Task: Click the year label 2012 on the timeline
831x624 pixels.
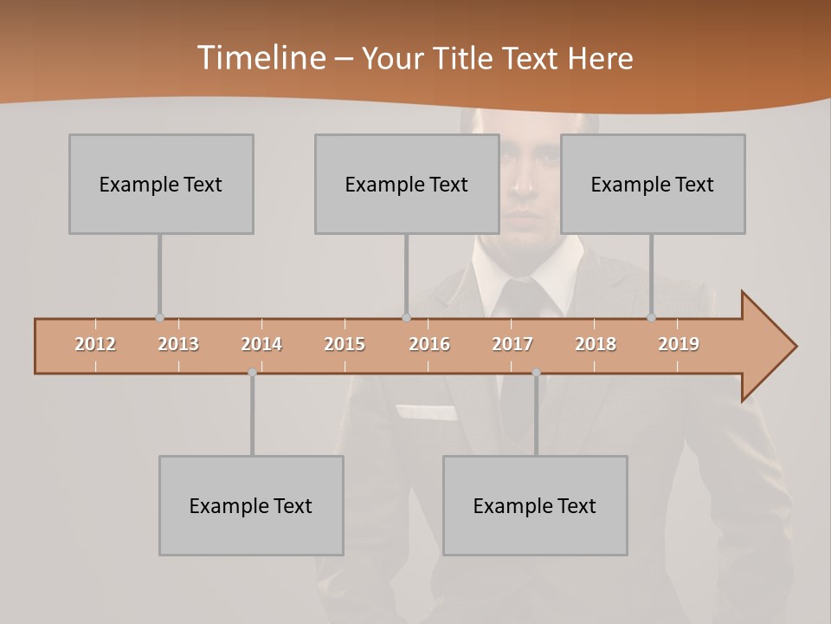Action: (x=95, y=344)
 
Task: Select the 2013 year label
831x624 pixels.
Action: (x=178, y=344)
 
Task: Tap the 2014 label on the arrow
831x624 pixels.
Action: (x=261, y=344)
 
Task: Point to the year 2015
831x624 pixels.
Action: (x=345, y=344)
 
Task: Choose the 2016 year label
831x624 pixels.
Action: (x=428, y=344)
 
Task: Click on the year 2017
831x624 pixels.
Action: (x=512, y=344)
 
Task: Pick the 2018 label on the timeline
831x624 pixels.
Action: (x=596, y=344)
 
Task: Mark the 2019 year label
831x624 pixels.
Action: (x=679, y=344)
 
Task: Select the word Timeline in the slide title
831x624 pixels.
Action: (x=259, y=58)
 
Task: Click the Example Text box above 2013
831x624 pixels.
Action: (x=161, y=184)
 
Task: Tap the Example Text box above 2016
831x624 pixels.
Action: (x=407, y=184)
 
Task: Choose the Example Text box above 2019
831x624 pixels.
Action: (x=653, y=184)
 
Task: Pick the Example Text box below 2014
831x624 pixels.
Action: (x=251, y=505)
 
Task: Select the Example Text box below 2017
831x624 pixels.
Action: (x=535, y=505)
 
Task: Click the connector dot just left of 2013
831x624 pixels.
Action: (x=159, y=318)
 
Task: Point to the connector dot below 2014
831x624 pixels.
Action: (x=252, y=373)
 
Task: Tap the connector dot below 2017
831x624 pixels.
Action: (x=536, y=373)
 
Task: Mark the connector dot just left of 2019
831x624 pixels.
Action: (x=651, y=318)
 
